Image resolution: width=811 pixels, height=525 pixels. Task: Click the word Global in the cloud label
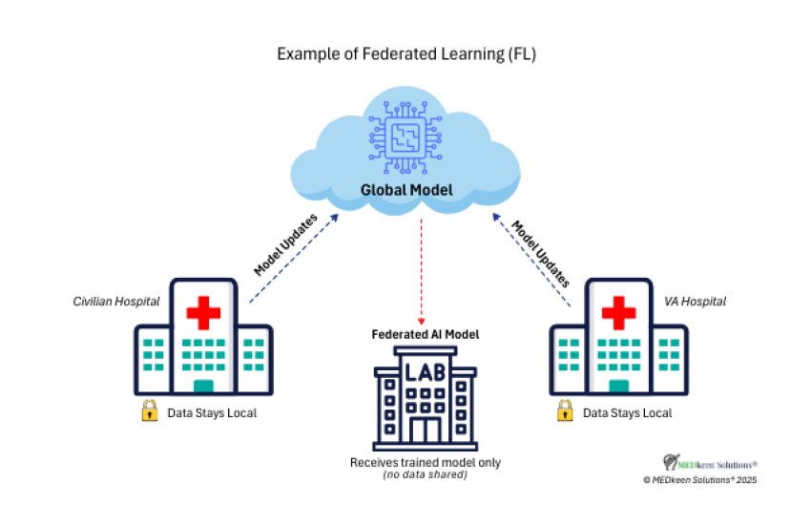coord(382,190)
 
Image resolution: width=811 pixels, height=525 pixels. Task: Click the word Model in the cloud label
coord(428,190)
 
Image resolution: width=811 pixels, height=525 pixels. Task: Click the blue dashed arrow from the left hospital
coord(293,259)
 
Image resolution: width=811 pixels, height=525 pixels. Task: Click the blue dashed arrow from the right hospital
coord(531,259)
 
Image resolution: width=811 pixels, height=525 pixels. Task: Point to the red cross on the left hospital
coord(203,312)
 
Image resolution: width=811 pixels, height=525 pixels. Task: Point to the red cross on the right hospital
coord(618,312)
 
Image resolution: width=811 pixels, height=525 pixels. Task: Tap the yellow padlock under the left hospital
coord(150,410)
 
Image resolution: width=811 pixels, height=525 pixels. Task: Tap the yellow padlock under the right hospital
coord(565,410)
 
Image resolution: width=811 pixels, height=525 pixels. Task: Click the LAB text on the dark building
coord(425,370)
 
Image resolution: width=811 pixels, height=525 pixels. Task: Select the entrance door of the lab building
coord(425,429)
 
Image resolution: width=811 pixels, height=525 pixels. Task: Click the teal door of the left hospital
coord(203,386)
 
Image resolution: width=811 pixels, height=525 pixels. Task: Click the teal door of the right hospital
coord(618,386)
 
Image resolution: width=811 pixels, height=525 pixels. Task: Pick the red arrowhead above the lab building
coord(421,322)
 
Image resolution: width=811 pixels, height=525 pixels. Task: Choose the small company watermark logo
coord(717,465)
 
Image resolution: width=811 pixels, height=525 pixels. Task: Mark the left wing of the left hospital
coord(153,359)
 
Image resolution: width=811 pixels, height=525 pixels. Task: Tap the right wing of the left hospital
coord(254,359)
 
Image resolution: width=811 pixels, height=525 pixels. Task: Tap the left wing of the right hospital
coord(568,359)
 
